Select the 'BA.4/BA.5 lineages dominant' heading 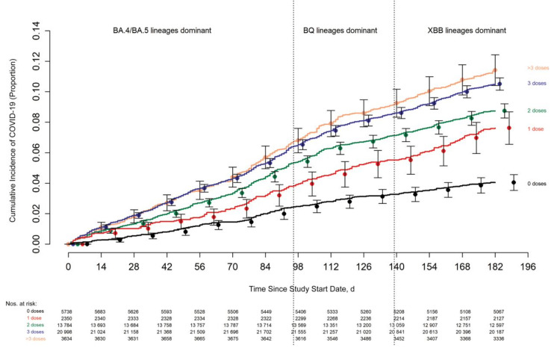pyautogui.click(x=157, y=31)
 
